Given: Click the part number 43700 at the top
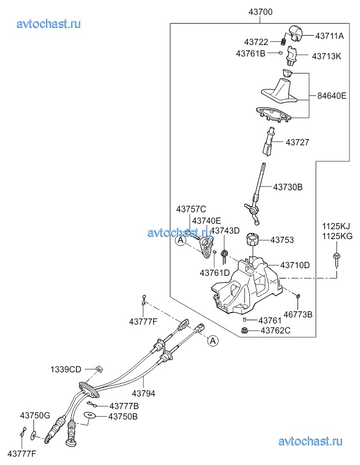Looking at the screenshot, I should pos(260,12).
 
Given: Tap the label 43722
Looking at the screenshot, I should pos(256,42).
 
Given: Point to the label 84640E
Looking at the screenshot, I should pos(332,95).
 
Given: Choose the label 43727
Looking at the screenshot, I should pos(297,142).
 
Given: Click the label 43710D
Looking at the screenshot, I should pos(295,265).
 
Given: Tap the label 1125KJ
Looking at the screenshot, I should pos(335,226).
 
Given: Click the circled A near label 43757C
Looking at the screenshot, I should pos(179,240).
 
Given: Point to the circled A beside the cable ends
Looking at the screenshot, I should pos(212,341).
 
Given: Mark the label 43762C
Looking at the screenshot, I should pos(275,330).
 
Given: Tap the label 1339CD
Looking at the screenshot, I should pos(66,369).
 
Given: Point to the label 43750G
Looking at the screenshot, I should pos(35,416).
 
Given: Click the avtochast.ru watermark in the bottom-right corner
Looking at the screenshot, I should pos(310,441).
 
